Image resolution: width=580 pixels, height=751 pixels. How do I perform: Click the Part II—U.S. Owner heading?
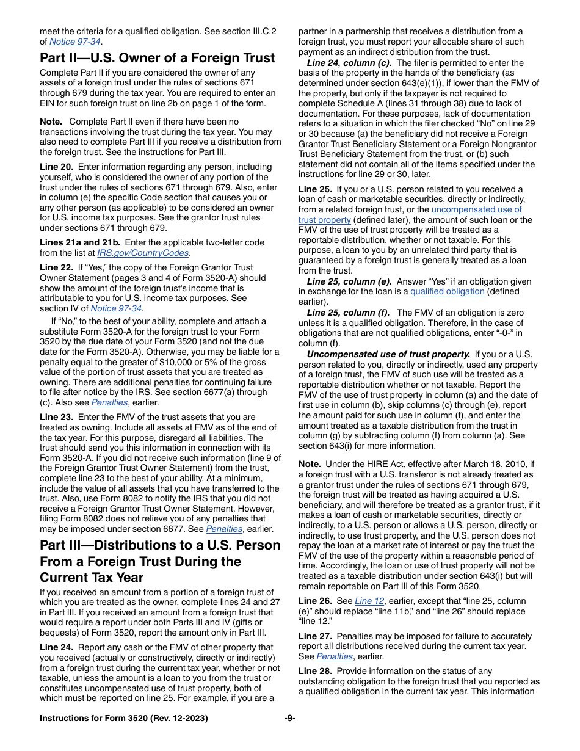click(157, 58)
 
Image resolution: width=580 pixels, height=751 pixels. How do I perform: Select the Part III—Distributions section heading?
click(160, 561)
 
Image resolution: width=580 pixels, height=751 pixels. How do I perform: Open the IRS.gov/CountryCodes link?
click(143, 253)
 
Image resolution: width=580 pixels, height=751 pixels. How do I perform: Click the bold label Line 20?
click(56, 167)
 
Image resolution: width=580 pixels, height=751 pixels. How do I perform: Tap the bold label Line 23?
click(56, 417)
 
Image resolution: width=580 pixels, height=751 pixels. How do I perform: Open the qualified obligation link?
click(447, 291)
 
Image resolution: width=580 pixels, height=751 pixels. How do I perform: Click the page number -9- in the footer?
click(290, 718)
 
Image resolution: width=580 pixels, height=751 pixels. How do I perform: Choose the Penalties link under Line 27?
click(335, 656)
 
